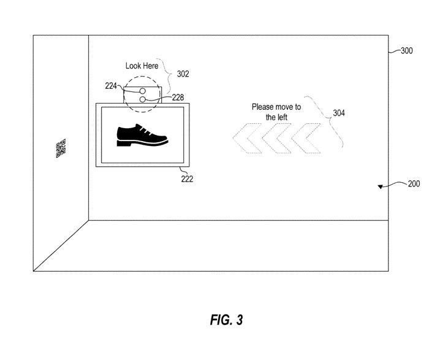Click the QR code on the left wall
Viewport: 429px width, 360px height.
click(x=61, y=148)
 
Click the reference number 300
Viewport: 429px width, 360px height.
click(x=406, y=52)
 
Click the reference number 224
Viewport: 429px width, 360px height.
click(x=111, y=86)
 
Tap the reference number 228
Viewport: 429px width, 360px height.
click(x=178, y=96)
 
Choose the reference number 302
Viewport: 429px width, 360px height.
click(x=182, y=74)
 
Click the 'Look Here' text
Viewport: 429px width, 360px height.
click(x=142, y=65)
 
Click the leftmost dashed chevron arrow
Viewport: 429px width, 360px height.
click(x=246, y=139)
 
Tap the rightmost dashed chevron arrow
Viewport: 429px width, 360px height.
click(x=306, y=139)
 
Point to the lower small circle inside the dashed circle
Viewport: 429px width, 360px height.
click(x=142, y=98)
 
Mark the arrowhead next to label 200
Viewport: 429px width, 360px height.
click(x=381, y=186)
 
